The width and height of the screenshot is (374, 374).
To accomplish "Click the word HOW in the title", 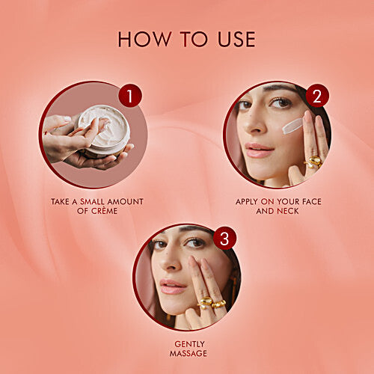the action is tap(143, 39).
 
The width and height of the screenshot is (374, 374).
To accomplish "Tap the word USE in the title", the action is tap(236, 39).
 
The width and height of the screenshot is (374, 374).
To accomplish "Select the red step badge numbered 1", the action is tap(130, 96).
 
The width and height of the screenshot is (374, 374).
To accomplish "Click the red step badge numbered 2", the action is tap(317, 96).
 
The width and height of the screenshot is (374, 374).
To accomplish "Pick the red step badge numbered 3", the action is tap(224, 239).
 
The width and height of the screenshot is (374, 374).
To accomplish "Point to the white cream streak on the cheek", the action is tap(292, 126).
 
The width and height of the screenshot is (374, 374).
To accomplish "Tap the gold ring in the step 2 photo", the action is tap(313, 162).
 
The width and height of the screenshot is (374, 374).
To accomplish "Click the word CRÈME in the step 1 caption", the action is tap(104, 211).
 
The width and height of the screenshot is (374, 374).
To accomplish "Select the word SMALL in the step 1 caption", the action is tap(92, 201).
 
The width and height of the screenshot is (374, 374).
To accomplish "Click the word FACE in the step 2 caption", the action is tap(312, 201).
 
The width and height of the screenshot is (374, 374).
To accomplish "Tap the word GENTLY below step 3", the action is tap(189, 344).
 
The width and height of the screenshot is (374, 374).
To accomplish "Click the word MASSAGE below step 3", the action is tap(188, 354).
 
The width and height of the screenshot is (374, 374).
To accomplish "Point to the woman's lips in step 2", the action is tap(260, 150).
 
